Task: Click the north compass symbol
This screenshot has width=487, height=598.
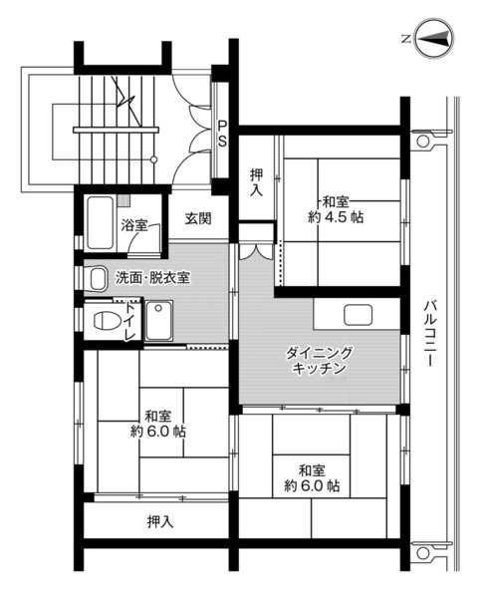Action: pos(434,38)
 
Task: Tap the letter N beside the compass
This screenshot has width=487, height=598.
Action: pos(406,39)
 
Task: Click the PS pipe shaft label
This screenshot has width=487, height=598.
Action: pos(222,134)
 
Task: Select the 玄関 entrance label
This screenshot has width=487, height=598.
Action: pos(198,218)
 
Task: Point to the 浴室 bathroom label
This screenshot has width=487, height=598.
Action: pos(134,224)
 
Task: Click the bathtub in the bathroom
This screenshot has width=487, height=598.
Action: pos(101,222)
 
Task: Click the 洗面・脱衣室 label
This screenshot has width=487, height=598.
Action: pos(152,278)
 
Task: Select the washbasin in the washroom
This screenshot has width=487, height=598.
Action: pos(98,279)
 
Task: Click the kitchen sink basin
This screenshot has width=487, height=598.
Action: pos(358,315)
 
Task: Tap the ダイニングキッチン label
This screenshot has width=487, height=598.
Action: pos(320,361)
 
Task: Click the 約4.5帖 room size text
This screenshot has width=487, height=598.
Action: pos(336,217)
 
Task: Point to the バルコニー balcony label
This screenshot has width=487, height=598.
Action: pos(430,334)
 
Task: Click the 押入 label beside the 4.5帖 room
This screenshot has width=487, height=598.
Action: pos(257,182)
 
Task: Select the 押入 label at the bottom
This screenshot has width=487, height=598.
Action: pos(160,521)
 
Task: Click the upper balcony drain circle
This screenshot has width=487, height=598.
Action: pos(423,141)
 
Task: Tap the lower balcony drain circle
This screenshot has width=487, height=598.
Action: pos(423,553)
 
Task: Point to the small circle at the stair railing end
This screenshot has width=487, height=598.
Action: pos(153,159)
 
